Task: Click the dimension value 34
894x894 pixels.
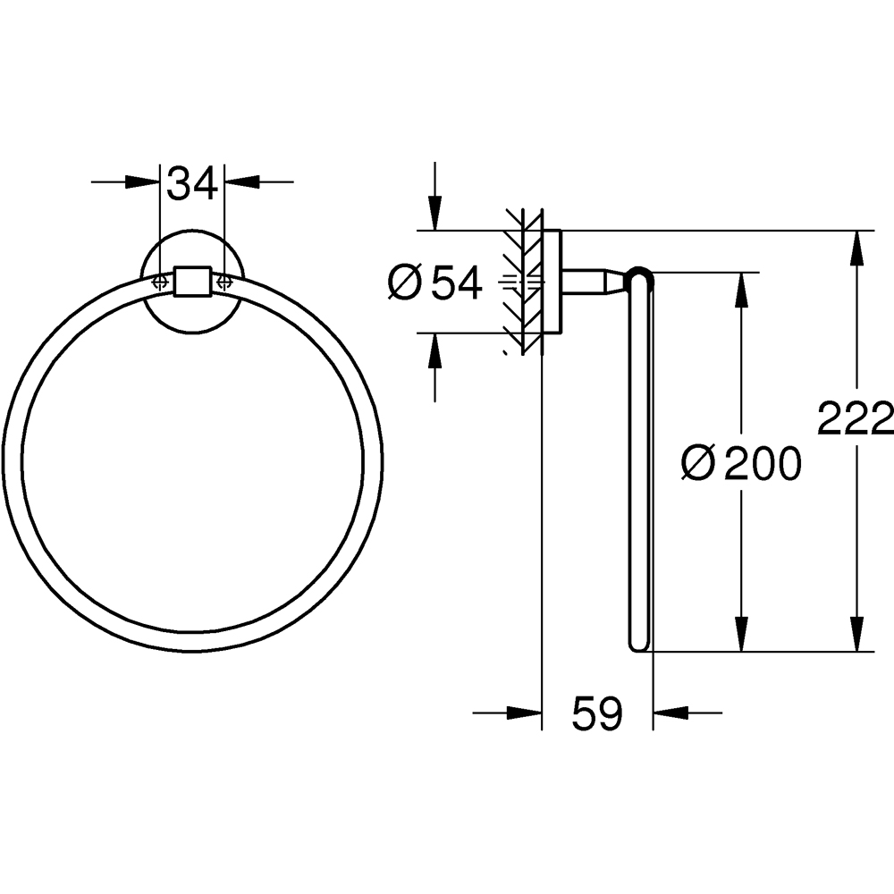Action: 192,184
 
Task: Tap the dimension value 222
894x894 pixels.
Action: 856,417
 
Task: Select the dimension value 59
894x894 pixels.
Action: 596,713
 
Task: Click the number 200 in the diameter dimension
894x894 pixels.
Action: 762,463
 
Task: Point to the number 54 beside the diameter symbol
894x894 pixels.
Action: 457,283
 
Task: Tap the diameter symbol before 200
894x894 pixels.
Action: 697,463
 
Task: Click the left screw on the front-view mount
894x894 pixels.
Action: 160,281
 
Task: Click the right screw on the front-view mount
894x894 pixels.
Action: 223,281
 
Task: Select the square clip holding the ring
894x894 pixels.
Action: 191,281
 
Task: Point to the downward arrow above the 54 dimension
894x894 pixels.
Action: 434,215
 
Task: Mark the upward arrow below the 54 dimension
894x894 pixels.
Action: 434,350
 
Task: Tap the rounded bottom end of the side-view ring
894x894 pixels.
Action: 640,645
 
